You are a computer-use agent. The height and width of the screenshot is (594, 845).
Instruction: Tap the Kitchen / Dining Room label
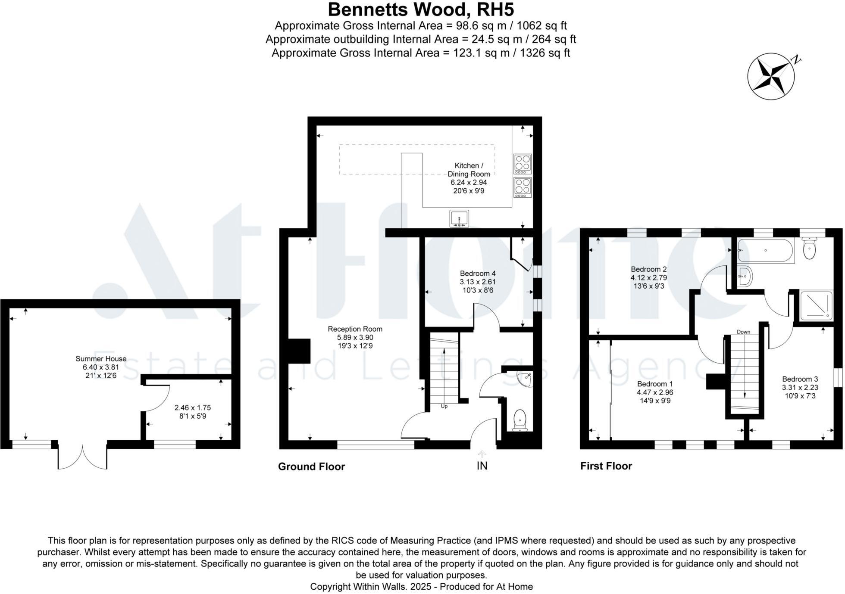(469, 170)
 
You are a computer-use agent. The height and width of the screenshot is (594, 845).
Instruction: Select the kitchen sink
(459, 219)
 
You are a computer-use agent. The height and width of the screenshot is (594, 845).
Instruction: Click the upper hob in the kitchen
(523, 164)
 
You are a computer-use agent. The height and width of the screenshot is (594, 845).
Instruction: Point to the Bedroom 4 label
(478, 274)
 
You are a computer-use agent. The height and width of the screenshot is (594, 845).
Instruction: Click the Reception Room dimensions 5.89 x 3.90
(355, 338)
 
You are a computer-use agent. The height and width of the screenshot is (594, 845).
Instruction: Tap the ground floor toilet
(520, 420)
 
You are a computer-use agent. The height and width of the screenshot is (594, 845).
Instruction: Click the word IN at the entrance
(482, 466)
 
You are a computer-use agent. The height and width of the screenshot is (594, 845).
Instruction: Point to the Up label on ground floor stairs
(444, 406)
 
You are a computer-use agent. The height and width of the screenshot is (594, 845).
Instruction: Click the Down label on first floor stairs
(743, 332)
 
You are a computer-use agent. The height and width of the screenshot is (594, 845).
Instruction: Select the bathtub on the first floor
(765, 251)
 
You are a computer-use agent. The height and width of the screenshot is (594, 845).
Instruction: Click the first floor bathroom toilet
(810, 249)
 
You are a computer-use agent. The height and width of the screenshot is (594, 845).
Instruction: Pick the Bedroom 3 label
(800, 379)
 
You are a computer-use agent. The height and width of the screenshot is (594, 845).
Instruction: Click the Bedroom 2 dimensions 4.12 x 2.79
(648, 278)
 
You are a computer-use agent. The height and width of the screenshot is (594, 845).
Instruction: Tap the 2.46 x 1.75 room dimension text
(192, 407)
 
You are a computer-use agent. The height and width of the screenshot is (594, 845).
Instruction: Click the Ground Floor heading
(311, 466)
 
